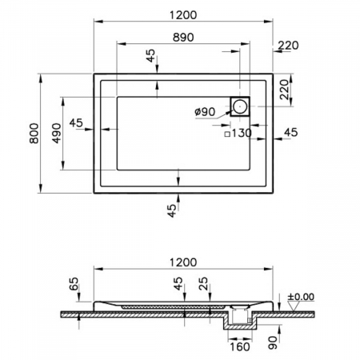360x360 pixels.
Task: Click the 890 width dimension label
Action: pos(183,37)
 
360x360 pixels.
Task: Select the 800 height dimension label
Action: pos(34,133)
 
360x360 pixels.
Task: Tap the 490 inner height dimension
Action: pos(56,133)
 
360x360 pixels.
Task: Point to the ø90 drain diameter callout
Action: pos(205,112)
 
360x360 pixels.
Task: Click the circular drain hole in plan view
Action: pos(240,106)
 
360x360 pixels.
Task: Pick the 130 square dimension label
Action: pos(241,133)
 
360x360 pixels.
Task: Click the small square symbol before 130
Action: pos(227,134)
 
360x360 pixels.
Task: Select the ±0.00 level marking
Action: pos(301,297)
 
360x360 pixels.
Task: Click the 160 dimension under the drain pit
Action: pos(239,346)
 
